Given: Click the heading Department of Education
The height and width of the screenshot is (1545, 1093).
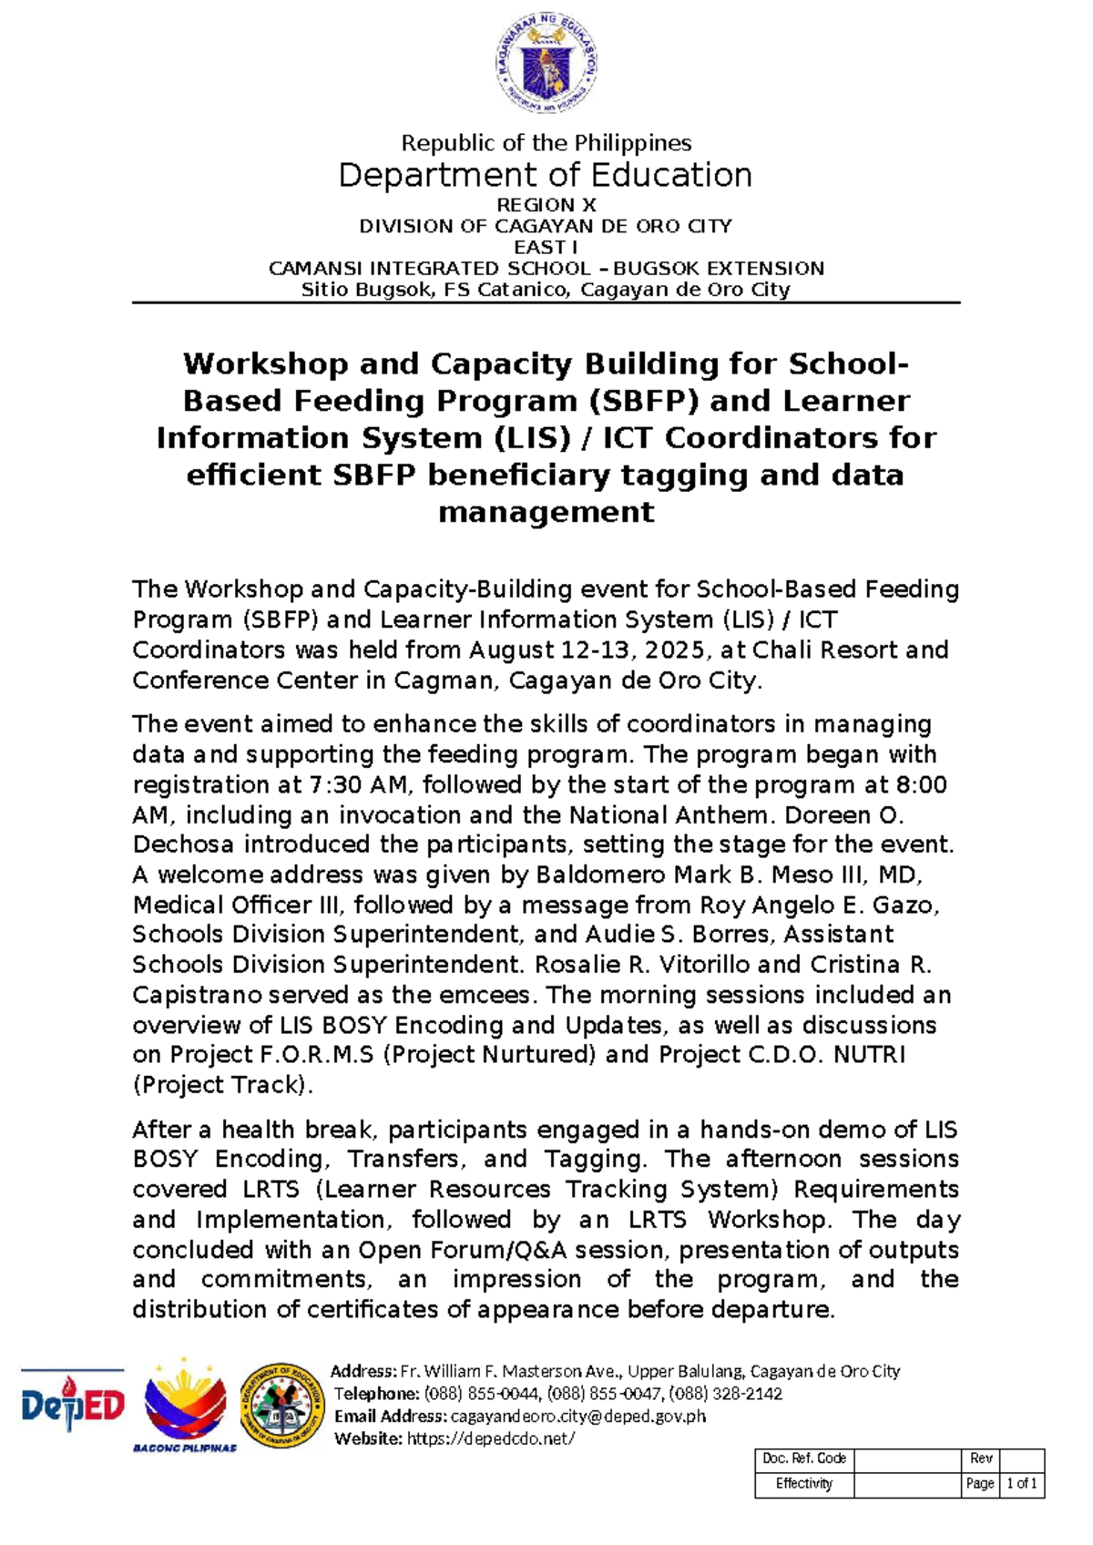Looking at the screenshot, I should click(x=546, y=175).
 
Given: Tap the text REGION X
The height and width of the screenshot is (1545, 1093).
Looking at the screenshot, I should click(x=546, y=205).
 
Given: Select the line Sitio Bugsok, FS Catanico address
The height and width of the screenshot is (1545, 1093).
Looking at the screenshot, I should click(x=546, y=290).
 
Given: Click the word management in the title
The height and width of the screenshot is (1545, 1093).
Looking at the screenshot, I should click(x=546, y=512).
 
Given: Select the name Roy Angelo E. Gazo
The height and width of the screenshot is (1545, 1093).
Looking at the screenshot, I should click(x=816, y=906).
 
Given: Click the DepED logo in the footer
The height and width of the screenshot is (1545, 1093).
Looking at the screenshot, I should click(x=73, y=1406).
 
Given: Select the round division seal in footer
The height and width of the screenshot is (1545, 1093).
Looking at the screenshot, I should click(x=282, y=1406).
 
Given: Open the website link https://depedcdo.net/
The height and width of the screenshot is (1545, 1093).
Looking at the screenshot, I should click(x=490, y=1439).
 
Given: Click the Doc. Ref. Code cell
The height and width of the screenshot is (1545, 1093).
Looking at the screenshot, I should click(x=803, y=1458).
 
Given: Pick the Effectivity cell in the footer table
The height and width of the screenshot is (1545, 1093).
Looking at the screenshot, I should click(x=803, y=1484).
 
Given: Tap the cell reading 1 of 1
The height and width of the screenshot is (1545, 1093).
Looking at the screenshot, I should click(x=1021, y=1484).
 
